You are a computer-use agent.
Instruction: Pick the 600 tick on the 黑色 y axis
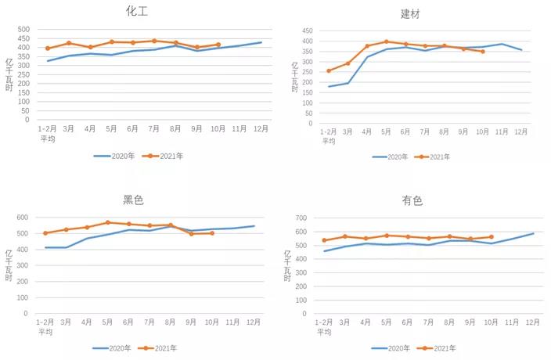[x=23, y=218]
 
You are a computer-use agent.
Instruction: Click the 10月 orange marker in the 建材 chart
[x=482, y=52]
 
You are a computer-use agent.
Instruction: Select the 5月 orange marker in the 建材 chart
[x=386, y=41]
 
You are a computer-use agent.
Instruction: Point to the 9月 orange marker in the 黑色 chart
[x=192, y=234]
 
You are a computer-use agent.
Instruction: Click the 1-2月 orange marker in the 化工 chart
[x=48, y=49]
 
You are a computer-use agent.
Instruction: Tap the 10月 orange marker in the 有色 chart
[x=492, y=237]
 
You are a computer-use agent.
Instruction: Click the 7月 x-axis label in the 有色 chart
[x=428, y=322]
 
